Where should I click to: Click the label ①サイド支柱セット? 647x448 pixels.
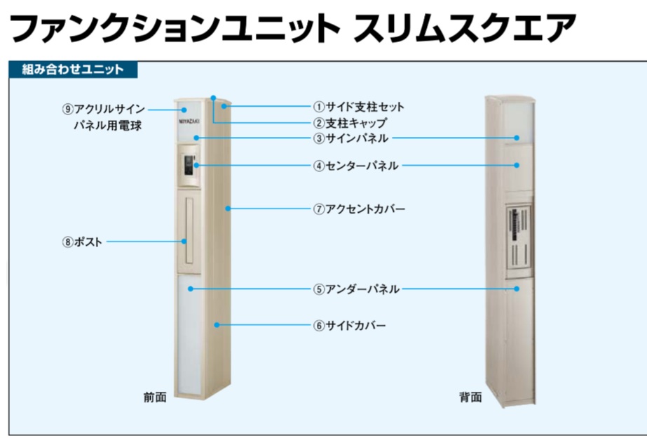[x=358, y=107]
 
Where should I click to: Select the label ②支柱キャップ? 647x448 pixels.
[x=350, y=123]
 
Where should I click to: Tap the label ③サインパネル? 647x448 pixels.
[x=350, y=138]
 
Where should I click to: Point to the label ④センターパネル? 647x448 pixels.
[x=356, y=166]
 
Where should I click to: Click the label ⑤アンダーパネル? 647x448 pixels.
[x=356, y=289]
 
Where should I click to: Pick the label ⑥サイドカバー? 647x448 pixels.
[x=349, y=325]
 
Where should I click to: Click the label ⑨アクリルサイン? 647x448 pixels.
[x=104, y=110]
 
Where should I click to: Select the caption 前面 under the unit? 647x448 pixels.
[x=155, y=397]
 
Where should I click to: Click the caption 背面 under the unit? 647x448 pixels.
[x=470, y=397]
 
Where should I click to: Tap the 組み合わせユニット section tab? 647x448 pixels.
[x=73, y=69]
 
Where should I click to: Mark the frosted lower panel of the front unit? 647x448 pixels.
[x=189, y=337]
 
